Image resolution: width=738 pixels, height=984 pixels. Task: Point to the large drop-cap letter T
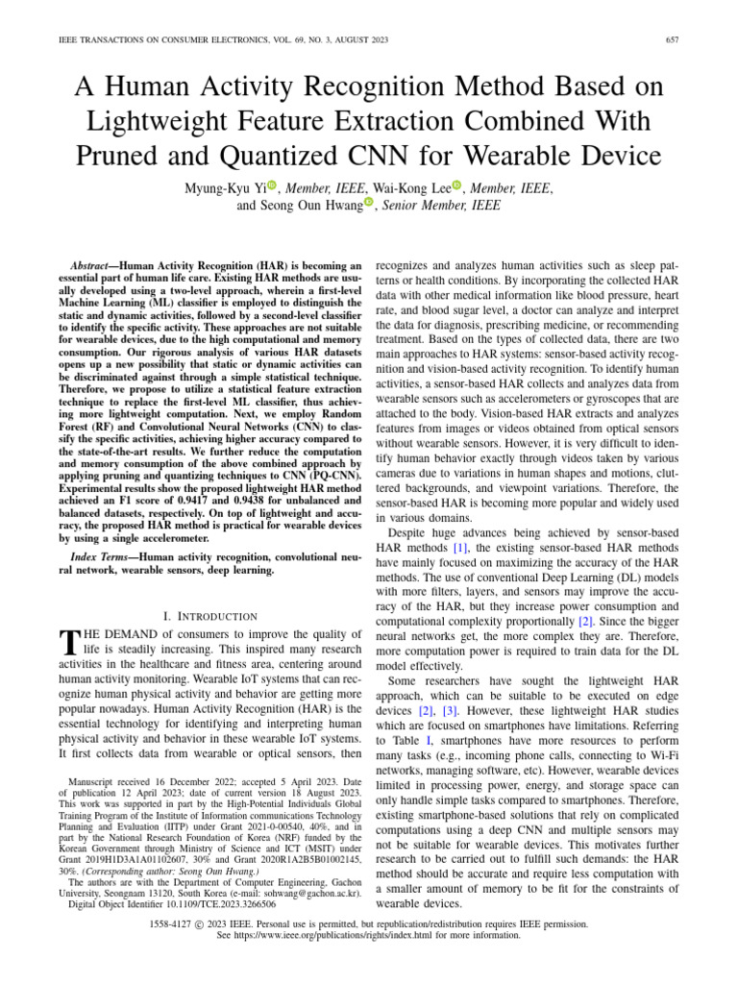[x=66, y=644]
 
